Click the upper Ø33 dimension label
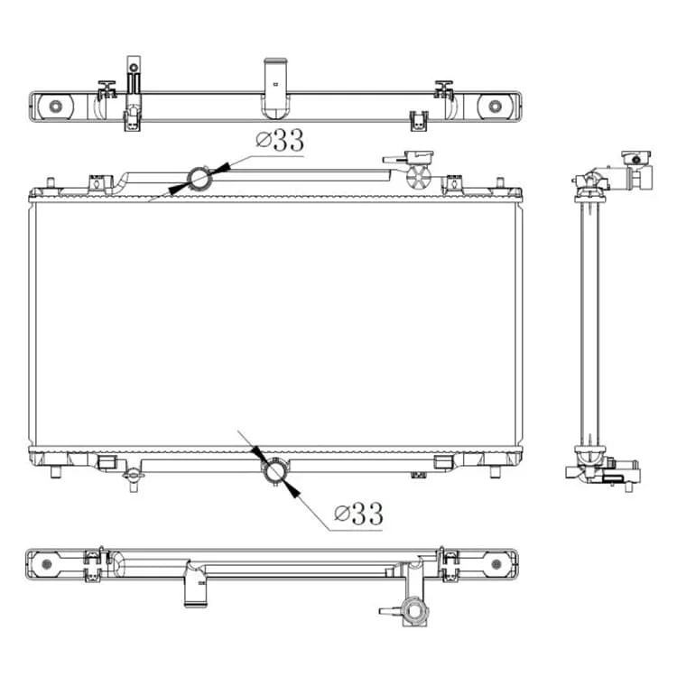click(280, 140)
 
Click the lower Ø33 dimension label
click(358, 514)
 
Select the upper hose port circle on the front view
click(199, 178)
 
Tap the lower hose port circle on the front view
click(275, 471)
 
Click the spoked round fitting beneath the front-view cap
click(419, 178)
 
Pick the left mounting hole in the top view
click(56, 106)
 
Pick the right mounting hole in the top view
click(495, 106)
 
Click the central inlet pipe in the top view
click(275, 88)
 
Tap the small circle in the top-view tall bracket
click(134, 68)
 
